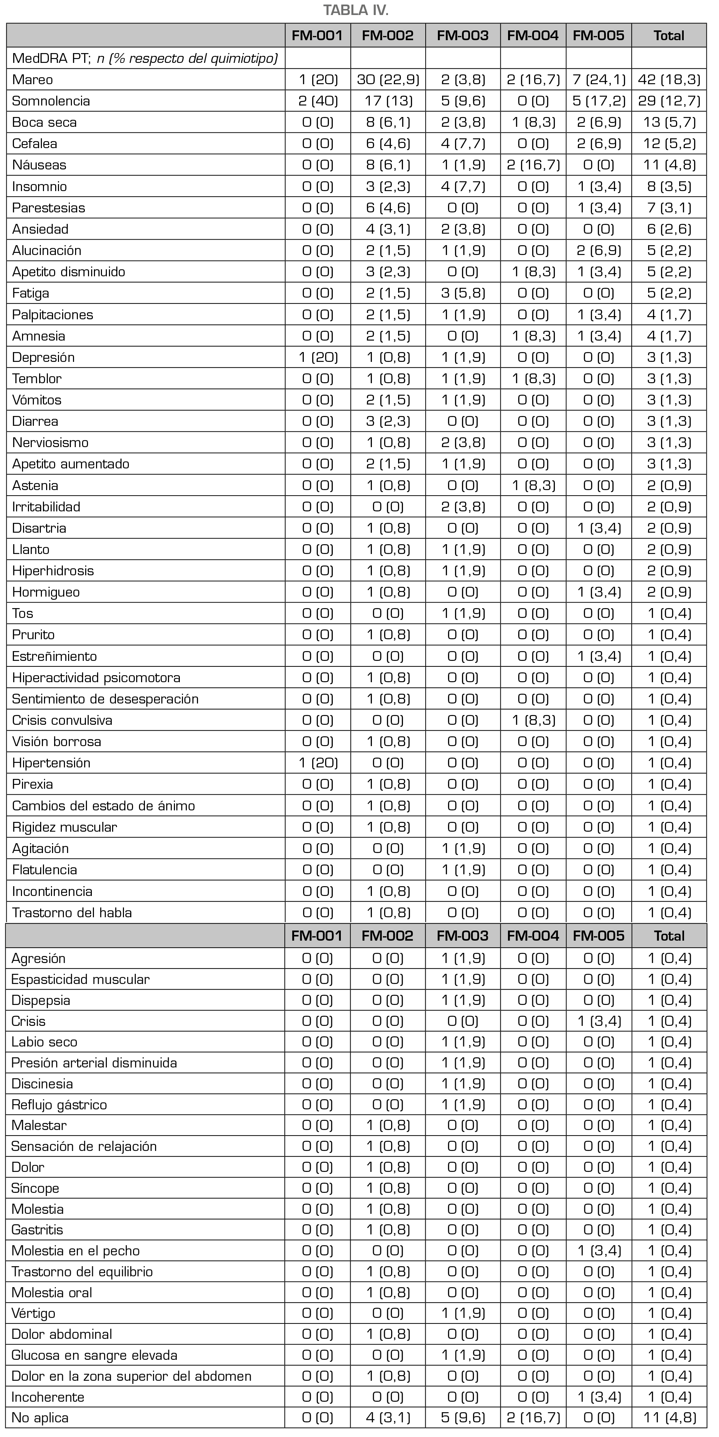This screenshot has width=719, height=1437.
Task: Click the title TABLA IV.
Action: [x=356, y=10]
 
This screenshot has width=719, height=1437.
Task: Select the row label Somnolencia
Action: [x=51, y=101]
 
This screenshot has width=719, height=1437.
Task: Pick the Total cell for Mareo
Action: [x=669, y=80]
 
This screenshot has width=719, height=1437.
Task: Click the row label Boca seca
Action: [x=45, y=122]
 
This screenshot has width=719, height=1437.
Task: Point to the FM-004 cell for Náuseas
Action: [x=533, y=165]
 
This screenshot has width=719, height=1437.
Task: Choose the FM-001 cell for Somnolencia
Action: [x=318, y=101]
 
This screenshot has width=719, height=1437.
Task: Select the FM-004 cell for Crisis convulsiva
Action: [x=533, y=720]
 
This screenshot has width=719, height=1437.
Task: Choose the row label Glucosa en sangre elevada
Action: [x=94, y=1355]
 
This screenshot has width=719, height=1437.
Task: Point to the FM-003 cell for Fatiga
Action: [x=462, y=293]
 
